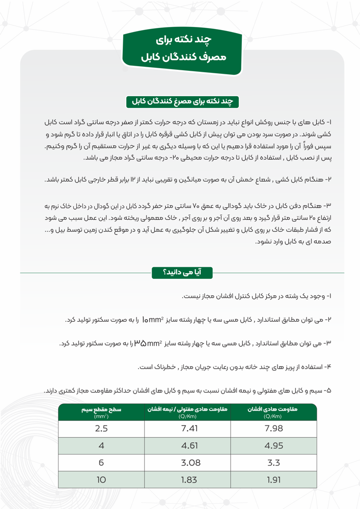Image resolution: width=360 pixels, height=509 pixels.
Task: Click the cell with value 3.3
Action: coord(274,463)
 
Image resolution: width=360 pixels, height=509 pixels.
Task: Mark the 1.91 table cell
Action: coord(274,480)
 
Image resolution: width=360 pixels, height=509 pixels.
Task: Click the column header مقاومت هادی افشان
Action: coord(274,412)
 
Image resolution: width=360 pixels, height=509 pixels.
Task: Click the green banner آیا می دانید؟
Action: coord(181,273)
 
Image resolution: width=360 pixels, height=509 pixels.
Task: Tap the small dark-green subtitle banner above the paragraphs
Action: coord(182,101)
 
